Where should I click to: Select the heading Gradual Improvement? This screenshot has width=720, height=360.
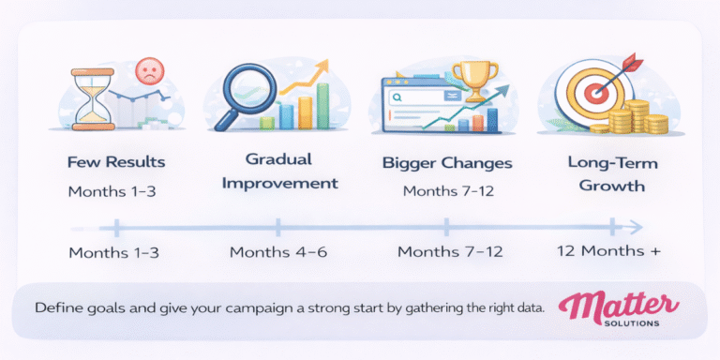pos(277,172)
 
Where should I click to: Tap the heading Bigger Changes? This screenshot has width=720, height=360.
pos(447,163)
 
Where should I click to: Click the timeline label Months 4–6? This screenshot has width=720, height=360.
pos(277,252)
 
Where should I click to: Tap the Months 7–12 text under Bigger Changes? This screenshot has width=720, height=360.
pos(447,191)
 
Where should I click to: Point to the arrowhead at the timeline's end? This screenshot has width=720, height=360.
pos(636,226)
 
